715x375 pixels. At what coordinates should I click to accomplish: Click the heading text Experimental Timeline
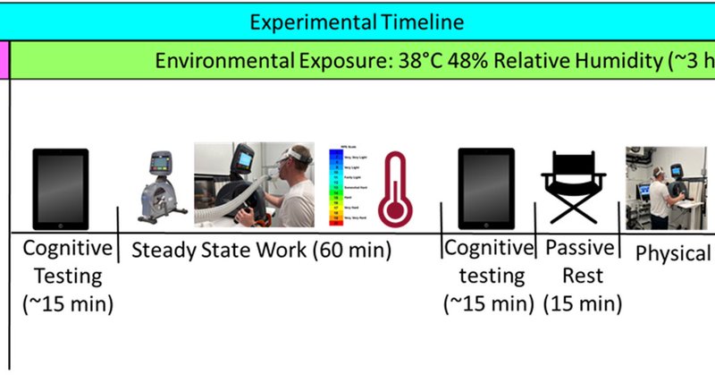[x=357, y=21]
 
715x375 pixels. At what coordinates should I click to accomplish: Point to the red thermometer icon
[x=394, y=189]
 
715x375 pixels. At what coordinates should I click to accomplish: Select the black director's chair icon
[x=573, y=189]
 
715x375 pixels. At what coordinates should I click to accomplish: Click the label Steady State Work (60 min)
[x=262, y=250]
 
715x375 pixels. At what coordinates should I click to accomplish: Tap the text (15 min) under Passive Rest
[x=581, y=303]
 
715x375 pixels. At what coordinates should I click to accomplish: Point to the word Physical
[x=672, y=253]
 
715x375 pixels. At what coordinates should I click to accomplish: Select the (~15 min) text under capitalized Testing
[x=68, y=303]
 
